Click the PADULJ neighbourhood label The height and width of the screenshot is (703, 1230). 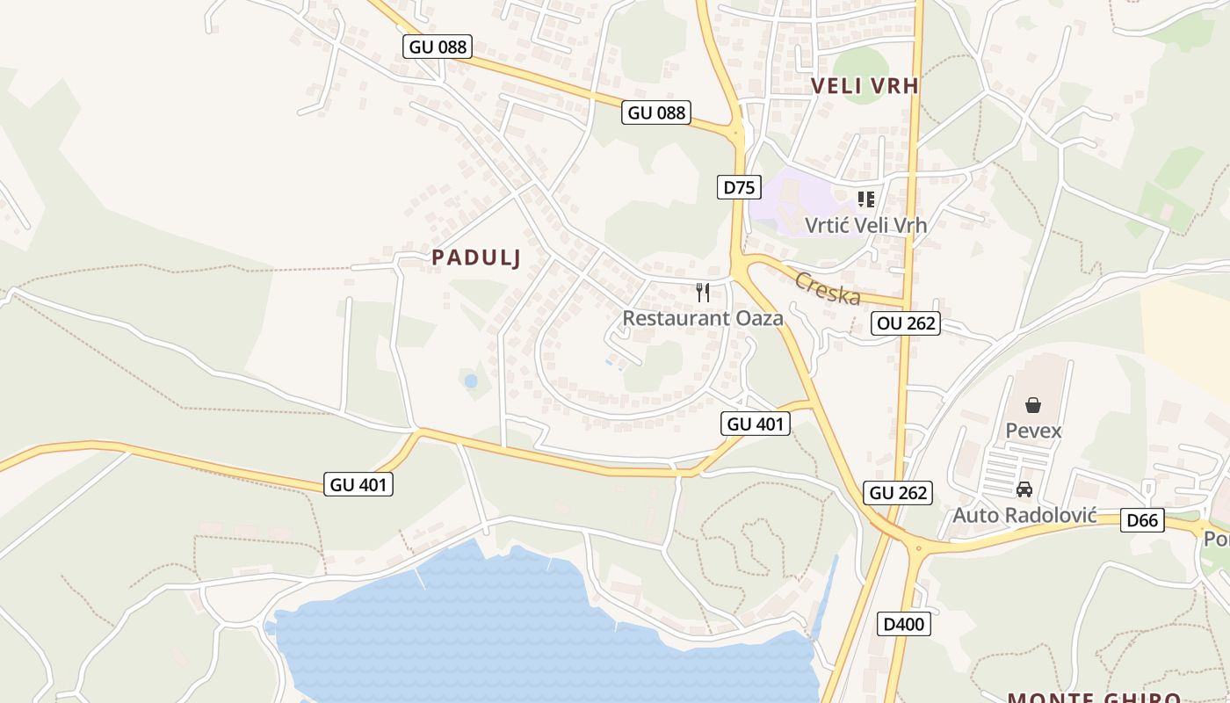477,257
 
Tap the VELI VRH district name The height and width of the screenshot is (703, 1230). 865,85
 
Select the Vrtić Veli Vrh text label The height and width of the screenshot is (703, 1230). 865,225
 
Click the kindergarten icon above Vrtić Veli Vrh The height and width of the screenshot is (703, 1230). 866,199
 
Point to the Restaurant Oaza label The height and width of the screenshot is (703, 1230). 703,318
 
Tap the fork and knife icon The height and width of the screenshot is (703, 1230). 703,293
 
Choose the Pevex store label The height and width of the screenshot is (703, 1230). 1033,431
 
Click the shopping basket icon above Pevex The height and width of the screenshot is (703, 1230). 1033,405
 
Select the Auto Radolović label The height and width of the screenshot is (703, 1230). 1024,515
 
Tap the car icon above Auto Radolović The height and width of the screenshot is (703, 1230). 1024,489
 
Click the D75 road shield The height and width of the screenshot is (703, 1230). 739,186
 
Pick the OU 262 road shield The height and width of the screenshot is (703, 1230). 907,323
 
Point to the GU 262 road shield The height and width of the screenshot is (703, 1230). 898,493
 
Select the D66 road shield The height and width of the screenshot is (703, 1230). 1142,520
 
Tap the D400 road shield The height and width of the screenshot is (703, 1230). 903,625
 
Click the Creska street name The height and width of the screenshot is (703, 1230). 828,288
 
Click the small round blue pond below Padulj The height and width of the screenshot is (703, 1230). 471,381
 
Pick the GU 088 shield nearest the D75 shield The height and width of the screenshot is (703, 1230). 656,112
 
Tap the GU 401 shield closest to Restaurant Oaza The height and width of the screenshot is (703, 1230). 756,424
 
